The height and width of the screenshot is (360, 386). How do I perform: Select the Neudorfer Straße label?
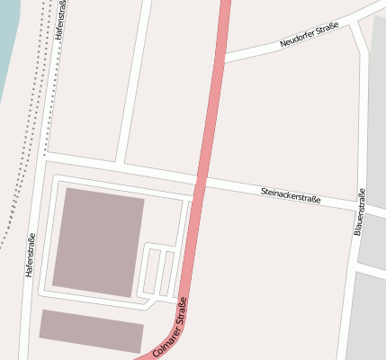tap(309, 36)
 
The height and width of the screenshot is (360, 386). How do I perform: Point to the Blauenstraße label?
tap(359, 213)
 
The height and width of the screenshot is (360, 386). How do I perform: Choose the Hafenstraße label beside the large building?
tap(31, 255)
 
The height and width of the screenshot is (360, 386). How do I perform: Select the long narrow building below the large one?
tap(91, 331)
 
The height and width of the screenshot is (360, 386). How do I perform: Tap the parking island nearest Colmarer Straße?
tap(168, 272)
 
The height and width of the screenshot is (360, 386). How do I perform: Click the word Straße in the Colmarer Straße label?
tap(181, 319)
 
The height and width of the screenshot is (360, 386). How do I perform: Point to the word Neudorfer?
tap(298, 40)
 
